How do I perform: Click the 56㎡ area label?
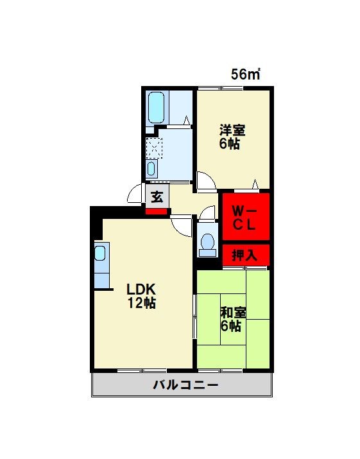tap(245, 74)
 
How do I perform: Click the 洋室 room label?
tap(232, 128)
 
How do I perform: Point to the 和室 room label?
tap(232, 312)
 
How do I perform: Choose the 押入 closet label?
tap(244, 254)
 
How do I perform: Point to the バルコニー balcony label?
tap(185, 386)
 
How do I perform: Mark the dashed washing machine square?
tap(155, 147)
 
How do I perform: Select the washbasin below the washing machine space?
tap(151, 169)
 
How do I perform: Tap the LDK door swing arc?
tap(183, 224)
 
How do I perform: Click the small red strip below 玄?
tap(157, 211)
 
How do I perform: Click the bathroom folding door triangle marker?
tap(187, 120)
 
